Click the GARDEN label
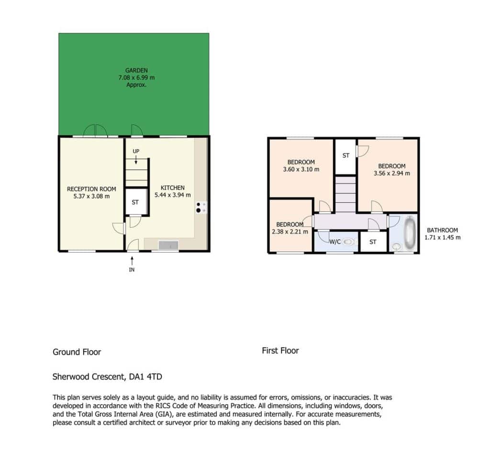pyautogui.click(x=136, y=70)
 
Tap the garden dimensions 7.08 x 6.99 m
pyautogui.click(x=136, y=77)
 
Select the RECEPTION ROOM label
pyautogui.click(x=91, y=189)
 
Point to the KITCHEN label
pyautogui.click(x=172, y=188)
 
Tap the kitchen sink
pyautogui.click(x=168, y=245)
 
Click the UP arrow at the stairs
pyautogui.click(x=136, y=160)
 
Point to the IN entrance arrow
pyautogui.click(x=132, y=261)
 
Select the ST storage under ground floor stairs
pyautogui.click(x=135, y=202)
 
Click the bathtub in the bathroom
pyautogui.click(x=409, y=233)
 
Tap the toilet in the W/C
pyautogui.click(x=348, y=242)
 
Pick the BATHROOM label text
pyautogui.click(x=442, y=230)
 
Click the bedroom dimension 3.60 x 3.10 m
pyautogui.click(x=301, y=169)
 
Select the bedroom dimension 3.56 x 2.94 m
pyautogui.click(x=392, y=174)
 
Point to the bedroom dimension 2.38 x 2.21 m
pyautogui.click(x=290, y=232)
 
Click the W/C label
pyautogui.click(x=335, y=242)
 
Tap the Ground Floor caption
pyautogui.click(x=77, y=352)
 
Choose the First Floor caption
pyautogui.click(x=280, y=351)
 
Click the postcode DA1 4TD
pyautogui.click(x=145, y=377)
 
